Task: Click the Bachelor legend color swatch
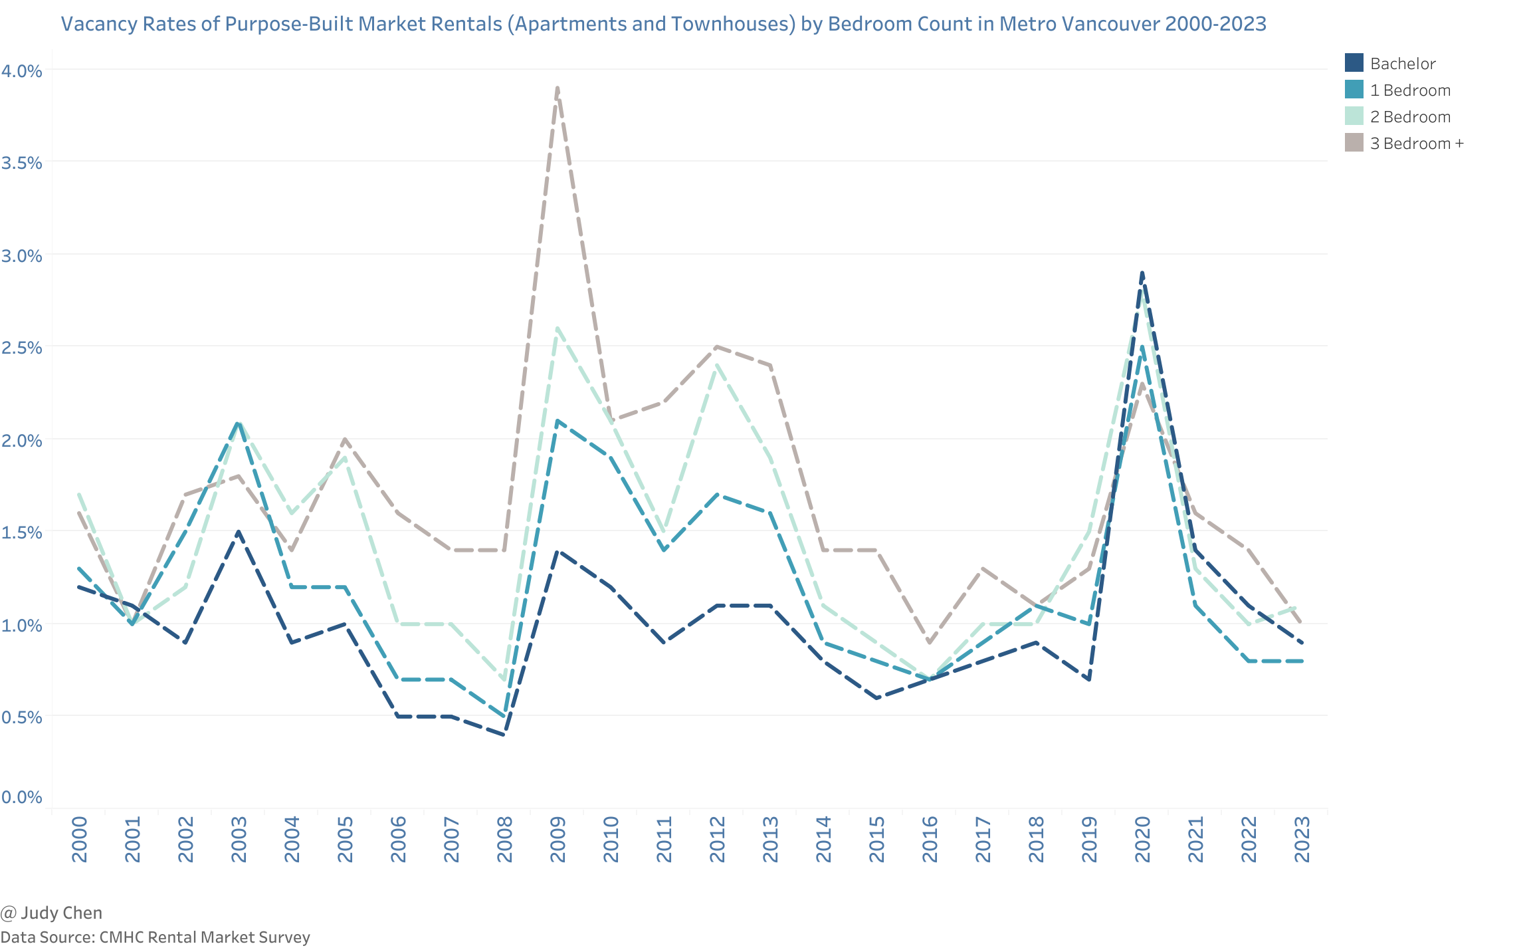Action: (x=1354, y=63)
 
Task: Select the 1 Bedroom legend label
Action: (x=1410, y=90)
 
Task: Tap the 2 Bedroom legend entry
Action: (x=1410, y=117)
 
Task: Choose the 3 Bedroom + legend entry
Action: (x=1417, y=144)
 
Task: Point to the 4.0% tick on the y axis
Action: (x=22, y=70)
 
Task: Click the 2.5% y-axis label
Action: (x=22, y=348)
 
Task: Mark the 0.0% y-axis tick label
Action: (x=22, y=796)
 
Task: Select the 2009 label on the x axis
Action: (x=558, y=840)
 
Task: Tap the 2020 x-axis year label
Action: (x=1142, y=840)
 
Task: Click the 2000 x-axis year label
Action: (x=79, y=840)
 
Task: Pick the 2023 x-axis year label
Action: (x=1302, y=840)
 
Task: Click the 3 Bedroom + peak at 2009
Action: (x=557, y=88)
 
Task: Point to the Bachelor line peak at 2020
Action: (x=1142, y=273)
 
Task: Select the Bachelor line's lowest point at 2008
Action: (x=504, y=735)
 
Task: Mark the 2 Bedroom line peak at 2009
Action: (x=557, y=328)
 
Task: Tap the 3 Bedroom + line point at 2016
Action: (x=930, y=643)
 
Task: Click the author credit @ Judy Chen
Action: (x=52, y=913)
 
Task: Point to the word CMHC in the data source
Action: (x=122, y=937)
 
